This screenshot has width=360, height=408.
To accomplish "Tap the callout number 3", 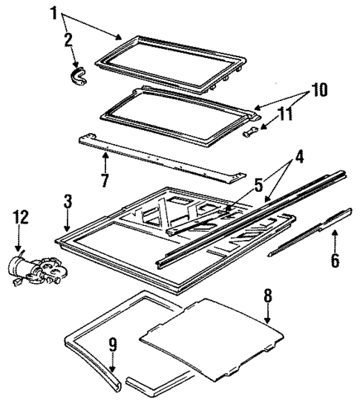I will coord(67,201).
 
